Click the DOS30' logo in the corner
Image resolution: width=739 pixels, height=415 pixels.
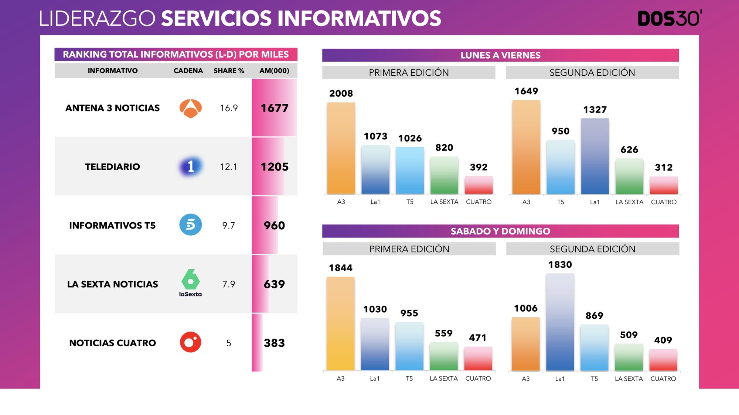(x=669, y=18)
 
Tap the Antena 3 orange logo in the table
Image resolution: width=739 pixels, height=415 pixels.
(x=190, y=108)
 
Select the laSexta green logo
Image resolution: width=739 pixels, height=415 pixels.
(x=190, y=283)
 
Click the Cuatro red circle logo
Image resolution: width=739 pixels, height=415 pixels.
(x=190, y=342)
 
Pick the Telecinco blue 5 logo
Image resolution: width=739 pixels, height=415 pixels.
(x=190, y=224)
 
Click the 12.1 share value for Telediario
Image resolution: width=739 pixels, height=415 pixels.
(x=228, y=167)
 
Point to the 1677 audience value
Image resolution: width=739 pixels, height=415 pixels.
(x=274, y=108)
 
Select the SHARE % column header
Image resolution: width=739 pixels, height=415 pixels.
(x=229, y=71)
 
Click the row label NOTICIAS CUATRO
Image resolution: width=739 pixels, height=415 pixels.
(x=112, y=343)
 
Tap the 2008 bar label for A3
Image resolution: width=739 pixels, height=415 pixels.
(x=341, y=93)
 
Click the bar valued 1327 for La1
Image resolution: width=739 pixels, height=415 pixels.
(x=595, y=157)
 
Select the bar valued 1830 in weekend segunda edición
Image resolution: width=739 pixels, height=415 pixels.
(x=560, y=322)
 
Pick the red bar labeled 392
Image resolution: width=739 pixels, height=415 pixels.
(x=479, y=185)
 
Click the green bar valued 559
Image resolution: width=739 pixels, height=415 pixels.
(x=443, y=356)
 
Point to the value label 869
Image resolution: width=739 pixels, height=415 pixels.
(x=594, y=316)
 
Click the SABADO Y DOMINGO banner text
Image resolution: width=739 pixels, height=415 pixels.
(x=500, y=231)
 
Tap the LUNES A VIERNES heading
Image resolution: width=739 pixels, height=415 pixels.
(x=500, y=55)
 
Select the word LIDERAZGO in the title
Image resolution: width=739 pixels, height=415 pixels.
(x=97, y=18)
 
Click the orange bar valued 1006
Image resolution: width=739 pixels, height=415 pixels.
(x=525, y=344)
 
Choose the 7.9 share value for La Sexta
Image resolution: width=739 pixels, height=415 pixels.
(x=228, y=284)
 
